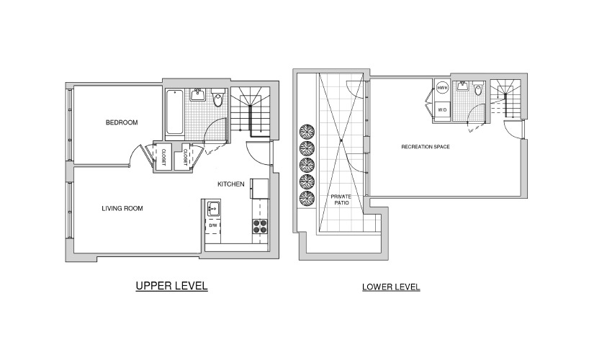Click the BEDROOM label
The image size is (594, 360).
(x=122, y=122)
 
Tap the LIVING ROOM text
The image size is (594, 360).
(x=122, y=208)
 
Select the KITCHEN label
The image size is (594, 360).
(x=230, y=184)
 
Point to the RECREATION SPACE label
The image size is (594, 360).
(x=426, y=147)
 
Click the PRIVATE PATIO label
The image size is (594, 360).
(x=341, y=199)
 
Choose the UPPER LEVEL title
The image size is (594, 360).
(x=171, y=285)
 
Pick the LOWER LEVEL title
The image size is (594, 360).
(x=391, y=287)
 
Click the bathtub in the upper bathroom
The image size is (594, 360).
(x=174, y=112)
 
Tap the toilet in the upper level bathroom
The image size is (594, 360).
(x=218, y=98)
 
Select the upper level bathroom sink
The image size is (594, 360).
(x=198, y=94)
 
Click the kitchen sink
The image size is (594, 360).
(x=213, y=208)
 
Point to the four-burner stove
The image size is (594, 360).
(x=260, y=226)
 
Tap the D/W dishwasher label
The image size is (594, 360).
(x=213, y=225)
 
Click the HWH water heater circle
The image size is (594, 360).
(x=441, y=88)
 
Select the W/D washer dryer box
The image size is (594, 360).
(x=442, y=110)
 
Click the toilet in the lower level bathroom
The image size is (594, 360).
(x=478, y=89)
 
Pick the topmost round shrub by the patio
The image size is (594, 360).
(x=307, y=132)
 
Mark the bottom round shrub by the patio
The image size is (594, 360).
(x=307, y=199)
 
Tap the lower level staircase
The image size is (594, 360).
(x=505, y=99)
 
